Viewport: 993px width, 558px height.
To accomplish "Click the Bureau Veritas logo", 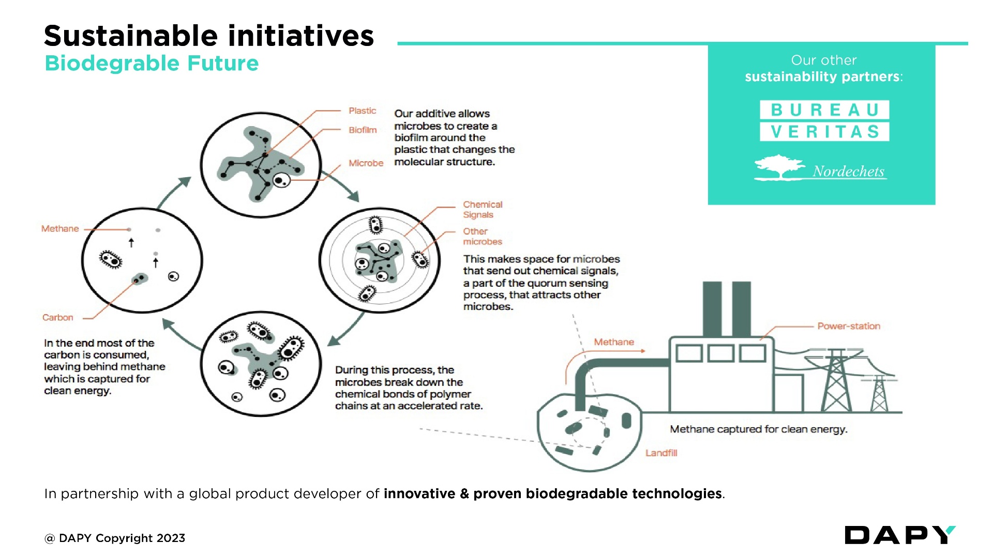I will pos(824,120).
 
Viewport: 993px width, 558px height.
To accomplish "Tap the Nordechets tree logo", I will pos(779,168).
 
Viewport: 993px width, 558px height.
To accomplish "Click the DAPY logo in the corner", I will pos(899,535).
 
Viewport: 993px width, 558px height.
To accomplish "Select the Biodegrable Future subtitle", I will pos(152,64).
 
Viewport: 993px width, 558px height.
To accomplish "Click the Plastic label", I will pos(362,111).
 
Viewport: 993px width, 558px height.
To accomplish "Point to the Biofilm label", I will pos(363,130).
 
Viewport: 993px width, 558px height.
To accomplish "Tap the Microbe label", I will pos(366,163).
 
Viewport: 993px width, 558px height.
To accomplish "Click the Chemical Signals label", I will pos(482,210).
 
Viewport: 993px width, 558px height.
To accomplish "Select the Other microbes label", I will pos(482,237).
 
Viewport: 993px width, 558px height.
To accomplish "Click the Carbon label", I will pos(58,317).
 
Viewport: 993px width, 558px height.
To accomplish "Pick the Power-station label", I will pos(848,326).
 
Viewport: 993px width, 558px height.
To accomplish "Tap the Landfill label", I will pos(661,453).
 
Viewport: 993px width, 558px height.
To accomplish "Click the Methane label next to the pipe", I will pos(613,342).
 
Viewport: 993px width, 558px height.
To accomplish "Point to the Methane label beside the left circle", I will pos(60,228).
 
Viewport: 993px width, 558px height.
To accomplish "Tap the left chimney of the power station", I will pos(712,309).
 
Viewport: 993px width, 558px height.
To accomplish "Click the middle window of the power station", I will pos(720,354).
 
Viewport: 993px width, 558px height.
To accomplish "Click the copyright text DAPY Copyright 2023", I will pos(115,538).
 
